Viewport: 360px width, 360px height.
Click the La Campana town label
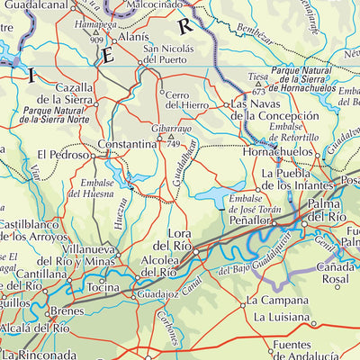tap(277, 300)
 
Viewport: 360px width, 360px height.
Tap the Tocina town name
tap(103, 288)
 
